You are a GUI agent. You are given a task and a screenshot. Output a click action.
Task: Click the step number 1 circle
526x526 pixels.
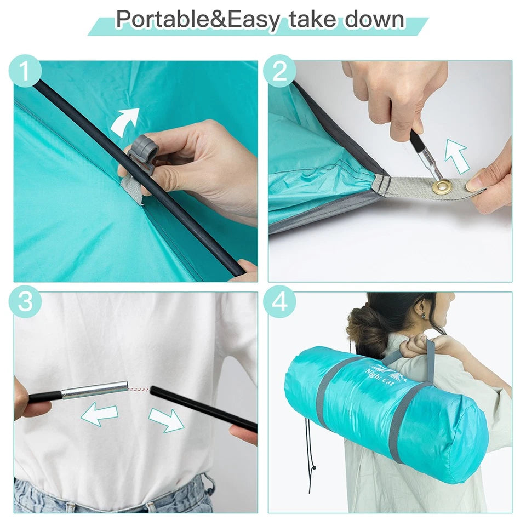pos(25,71)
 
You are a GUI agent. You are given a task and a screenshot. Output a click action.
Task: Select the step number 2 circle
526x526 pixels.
pos(279,71)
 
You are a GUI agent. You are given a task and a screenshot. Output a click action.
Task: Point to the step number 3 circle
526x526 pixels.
pos(25,301)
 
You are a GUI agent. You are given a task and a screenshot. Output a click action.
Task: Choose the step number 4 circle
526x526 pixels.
pos(279,301)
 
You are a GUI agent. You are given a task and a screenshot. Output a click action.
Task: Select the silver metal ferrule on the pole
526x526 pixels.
pos(95,390)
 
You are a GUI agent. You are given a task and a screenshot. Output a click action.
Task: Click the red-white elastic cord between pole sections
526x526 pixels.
pos(139,390)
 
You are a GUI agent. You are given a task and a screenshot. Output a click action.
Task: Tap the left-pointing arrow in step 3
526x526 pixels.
pos(100,414)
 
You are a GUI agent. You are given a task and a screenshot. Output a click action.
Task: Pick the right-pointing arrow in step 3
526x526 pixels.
pos(167,420)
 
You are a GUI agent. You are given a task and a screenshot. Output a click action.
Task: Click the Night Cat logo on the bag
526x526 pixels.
pos(386,374)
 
